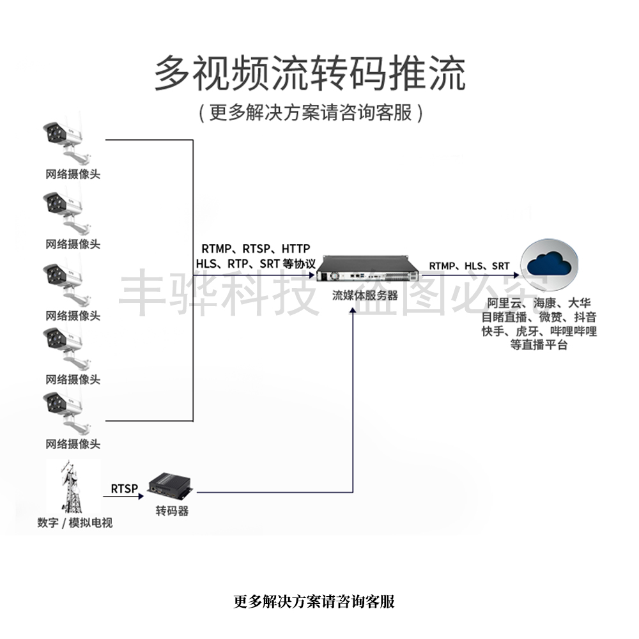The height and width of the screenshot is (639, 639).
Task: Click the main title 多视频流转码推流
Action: [x=310, y=74]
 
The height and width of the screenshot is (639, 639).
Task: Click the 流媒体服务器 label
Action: [x=365, y=296]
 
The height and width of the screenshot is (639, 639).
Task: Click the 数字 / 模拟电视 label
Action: [x=75, y=523]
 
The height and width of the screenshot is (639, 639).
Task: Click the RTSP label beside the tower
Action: [x=124, y=489]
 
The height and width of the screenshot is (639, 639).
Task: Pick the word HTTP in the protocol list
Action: [x=296, y=248]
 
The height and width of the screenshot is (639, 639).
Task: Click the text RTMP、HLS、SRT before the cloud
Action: [x=469, y=266]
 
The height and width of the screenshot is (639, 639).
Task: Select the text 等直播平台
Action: [x=539, y=345]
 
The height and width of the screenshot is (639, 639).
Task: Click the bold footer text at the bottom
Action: [x=314, y=601]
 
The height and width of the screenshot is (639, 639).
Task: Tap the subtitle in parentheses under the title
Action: [x=310, y=112]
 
